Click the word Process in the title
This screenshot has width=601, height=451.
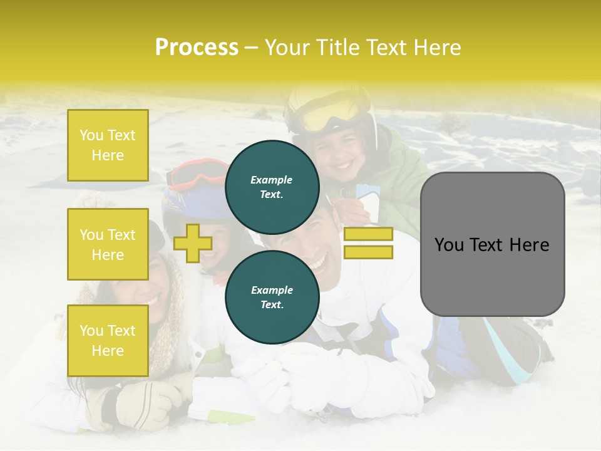tap(197, 48)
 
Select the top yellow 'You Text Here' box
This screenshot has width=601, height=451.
tap(108, 145)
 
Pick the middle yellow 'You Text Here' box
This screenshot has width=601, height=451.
tap(108, 244)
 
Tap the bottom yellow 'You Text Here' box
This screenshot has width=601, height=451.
tap(108, 341)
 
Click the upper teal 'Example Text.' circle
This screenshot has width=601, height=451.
tap(272, 187)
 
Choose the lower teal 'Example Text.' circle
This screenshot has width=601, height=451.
tap(272, 298)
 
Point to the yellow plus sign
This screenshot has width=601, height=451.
tap(192, 243)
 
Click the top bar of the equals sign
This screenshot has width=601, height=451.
tap(368, 234)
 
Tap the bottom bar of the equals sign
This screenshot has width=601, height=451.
tap(368, 252)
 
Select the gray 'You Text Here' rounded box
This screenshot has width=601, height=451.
tap(492, 244)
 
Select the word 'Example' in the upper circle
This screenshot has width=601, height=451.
tap(272, 180)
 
